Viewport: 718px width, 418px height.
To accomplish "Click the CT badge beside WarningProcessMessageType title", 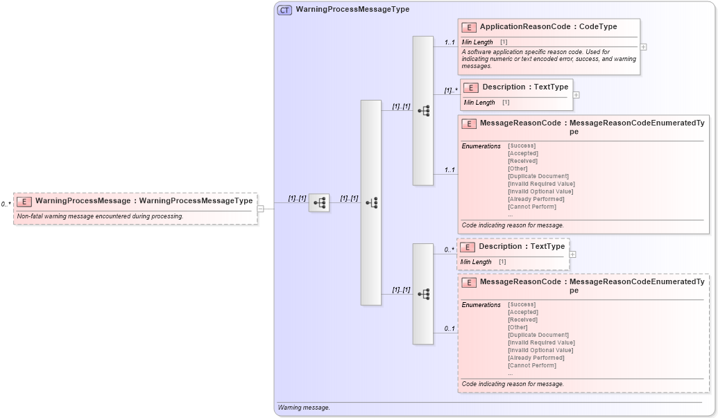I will pyautogui.click(x=284, y=10).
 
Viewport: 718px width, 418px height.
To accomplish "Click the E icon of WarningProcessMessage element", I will pyautogui.click(x=24, y=201).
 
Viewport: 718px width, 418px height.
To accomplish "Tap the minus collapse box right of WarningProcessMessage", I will pyautogui.click(x=260, y=208).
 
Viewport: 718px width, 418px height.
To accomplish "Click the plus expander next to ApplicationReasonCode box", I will pyautogui.click(x=644, y=47).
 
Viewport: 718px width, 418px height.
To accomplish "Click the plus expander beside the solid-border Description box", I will pyautogui.click(x=576, y=95).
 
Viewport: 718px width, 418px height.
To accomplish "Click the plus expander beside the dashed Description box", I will pyautogui.click(x=572, y=254).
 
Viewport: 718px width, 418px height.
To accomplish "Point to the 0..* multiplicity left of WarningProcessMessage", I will pyautogui.click(x=6, y=204).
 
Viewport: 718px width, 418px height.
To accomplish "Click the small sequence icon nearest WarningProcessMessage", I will pyautogui.click(x=319, y=203).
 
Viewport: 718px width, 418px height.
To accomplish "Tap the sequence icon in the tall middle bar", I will pyautogui.click(x=371, y=203).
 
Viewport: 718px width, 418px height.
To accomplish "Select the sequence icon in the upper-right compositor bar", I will pyautogui.click(x=423, y=111).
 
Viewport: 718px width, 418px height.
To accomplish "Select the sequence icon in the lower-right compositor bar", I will pyautogui.click(x=423, y=294).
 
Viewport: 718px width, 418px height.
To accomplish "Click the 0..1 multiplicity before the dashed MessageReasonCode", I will pyautogui.click(x=450, y=329).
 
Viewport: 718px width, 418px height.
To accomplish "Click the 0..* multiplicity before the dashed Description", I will pyautogui.click(x=450, y=250).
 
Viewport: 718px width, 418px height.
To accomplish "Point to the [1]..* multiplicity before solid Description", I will pyautogui.click(x=451, y=90).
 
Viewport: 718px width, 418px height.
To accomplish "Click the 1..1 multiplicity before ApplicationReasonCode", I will pyautogui.click(x=450, y=43).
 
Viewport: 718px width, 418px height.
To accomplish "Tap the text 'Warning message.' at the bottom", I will pyautogui.click(x=304, y=408).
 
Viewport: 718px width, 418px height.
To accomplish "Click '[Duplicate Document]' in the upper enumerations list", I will pyautogui.click(x=538, y=176).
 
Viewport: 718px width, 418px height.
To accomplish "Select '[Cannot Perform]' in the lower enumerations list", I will pyautogui.click(x=532, y=365).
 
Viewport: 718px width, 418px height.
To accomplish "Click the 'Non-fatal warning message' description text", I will pyautogui.click(x=100, y=216).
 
